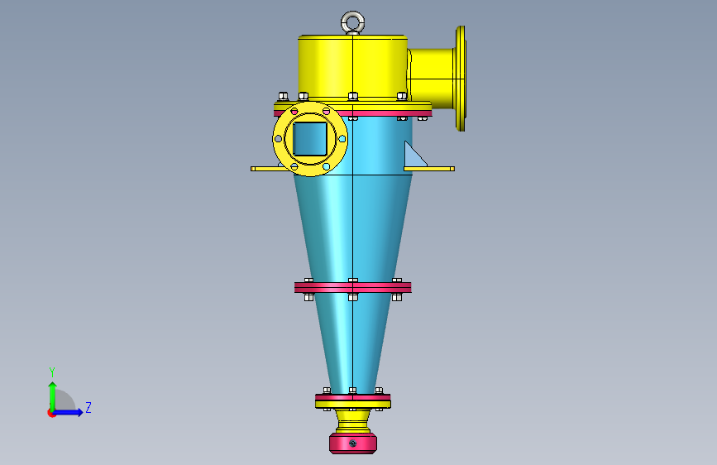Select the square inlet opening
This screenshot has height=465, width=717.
[x=311, y=138]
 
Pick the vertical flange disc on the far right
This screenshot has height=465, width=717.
[x=461, y=78]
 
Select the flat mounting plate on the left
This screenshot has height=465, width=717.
[x=264, y=168]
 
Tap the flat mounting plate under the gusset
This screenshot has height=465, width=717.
[x=429, y=169]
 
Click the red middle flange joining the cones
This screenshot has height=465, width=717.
[x=353, y=288]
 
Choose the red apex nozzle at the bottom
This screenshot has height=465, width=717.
[x=353, y=443]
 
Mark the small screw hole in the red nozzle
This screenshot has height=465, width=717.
[x=353, y=444]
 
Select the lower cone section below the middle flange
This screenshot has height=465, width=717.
[x=353, y=339]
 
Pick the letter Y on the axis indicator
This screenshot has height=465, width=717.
[x=51, y=372]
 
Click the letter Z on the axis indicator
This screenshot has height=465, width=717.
[x=88, y=408]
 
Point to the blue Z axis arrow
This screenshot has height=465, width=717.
[x=69, y=412]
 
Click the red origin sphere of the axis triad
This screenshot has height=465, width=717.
[x=52, y=413]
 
